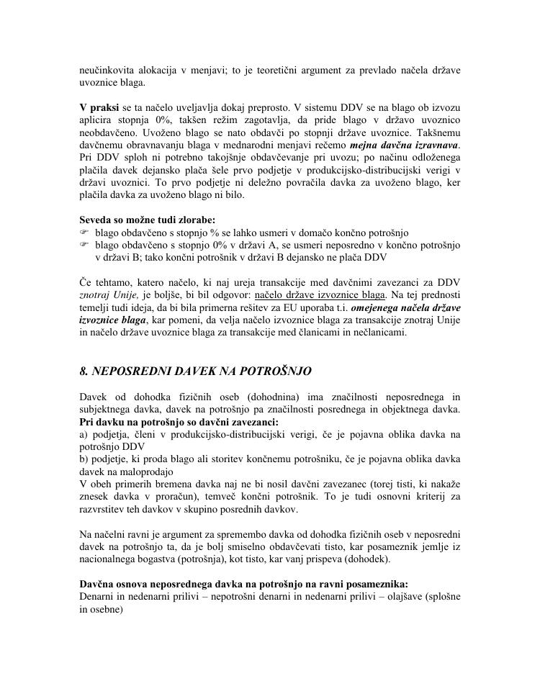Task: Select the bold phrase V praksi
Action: pyautogui.click(x=99, y=107)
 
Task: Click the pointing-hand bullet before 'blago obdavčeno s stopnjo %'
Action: pyautogui.click(x=84, y=233)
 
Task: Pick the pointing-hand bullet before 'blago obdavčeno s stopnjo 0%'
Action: pyautogui.click(x=84, y=245)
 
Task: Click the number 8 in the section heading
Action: pyautogui.click(x=83, y=371)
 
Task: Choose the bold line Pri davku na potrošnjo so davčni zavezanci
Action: pyautogui.click(x=179, y=422)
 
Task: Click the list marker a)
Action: pyautogui.click(x=84, y=434)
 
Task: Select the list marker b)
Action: pyautogui.click(x=84, y=459)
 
